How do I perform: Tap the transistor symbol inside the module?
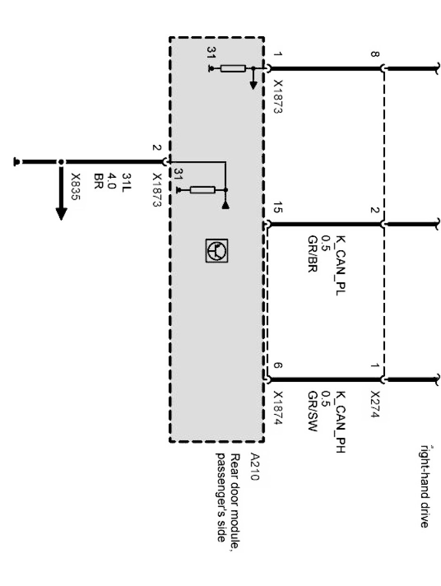[216, 251]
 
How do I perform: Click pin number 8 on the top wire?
[375, 55]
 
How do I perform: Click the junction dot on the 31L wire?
[61, 162]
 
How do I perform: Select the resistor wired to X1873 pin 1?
[233, 69]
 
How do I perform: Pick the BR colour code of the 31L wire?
[99, 179]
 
